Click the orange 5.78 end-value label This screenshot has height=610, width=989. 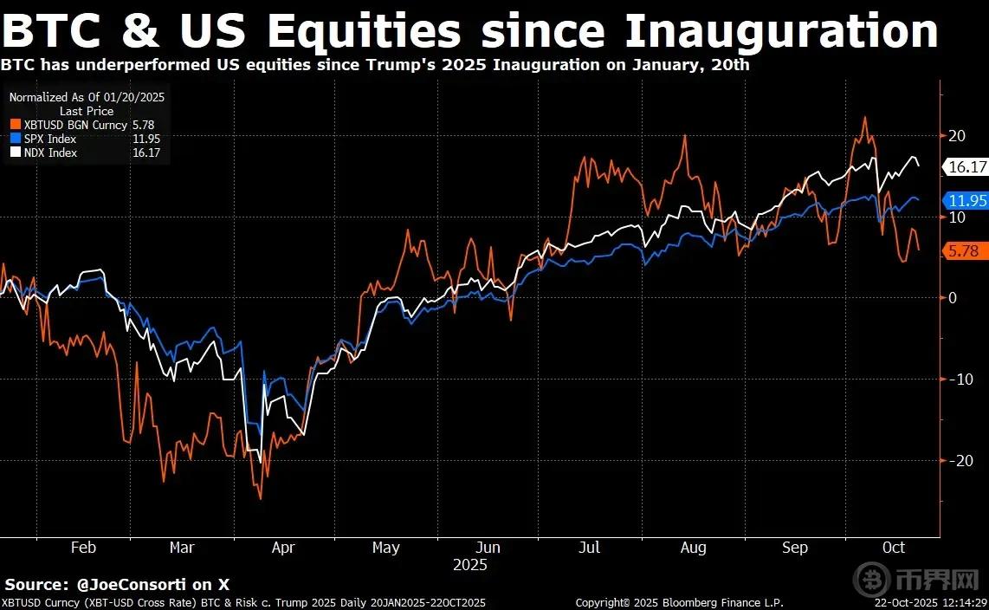pyautogui.click(x=963, y=251)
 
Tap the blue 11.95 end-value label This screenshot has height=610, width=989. pyautogui.click(x=966, y=200)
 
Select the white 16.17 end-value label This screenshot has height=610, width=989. pyautogui.click(x=966, y=166)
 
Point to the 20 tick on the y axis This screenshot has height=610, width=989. pyautogui.click(x=957, y=135)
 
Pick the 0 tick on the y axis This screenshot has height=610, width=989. pyautogui.click(x=952, y=298)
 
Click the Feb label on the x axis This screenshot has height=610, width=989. pyautogui.click(x=82, y=548)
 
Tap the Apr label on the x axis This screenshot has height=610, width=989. pyautogui.click(x=283, y=548)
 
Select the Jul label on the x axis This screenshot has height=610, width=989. pyautogui.click(x=589, y=548)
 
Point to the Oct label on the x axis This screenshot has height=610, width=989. pyautogui.click(x=894, y=548)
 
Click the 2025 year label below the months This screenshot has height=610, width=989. pyautogui.click(x=470, y=564)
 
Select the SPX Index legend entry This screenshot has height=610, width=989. pyautogui.click(x=49, y=139)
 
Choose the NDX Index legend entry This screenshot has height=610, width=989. pyautogui.click(x=50, y=152)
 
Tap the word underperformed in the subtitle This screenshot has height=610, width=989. pyautogui.click(x=119, y=64)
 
